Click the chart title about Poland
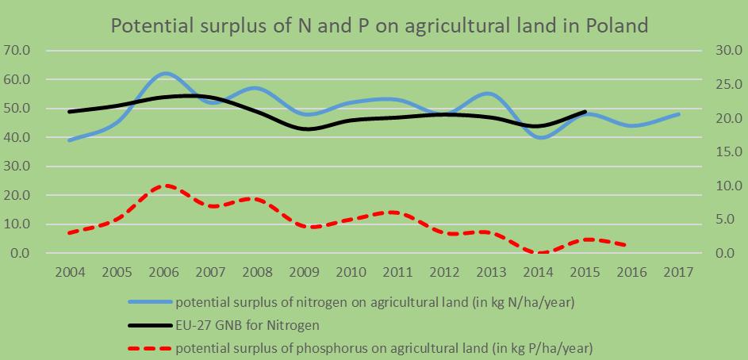pyautogui.click(x=380, y=25)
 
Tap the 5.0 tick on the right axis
pyautogui.click(x=719, y=220)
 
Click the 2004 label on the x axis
pyautogui.click(x=71, y=272)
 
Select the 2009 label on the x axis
pyautogui.click(x=305, y=272)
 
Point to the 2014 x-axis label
pyautogui.click(x=539, y=272)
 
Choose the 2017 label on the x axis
pyautogui.click(x=679, y=272)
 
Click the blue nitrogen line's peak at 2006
pyautogui.click(x=164, y=73)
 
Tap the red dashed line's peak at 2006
pyautogui.click(x=164, y=186)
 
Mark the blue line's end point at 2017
pyautogui.click(x=679, y=114)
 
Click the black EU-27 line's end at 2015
pyautogui.click(x=585, y=112)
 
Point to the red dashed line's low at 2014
pyautogui.click(x=540, y=252)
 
